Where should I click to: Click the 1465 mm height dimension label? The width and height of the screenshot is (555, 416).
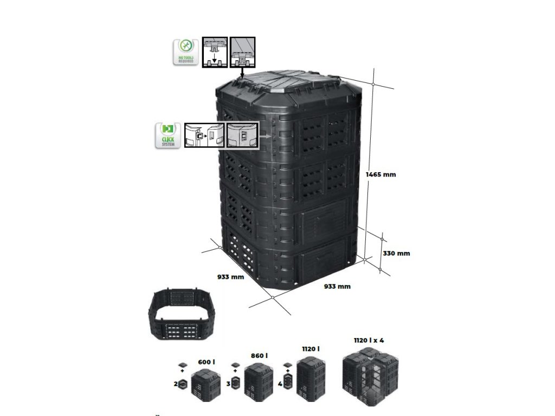click(x=382, y=174)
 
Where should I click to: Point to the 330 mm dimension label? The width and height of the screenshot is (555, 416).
click(x=396, y=253)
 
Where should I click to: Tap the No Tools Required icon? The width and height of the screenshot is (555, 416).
click(x=185, y=53)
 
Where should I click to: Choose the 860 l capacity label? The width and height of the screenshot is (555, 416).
click(x=259, y=356)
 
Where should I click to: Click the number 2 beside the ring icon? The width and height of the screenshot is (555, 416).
click(x=176, y=383)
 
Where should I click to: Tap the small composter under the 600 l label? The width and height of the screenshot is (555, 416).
click(x=206, y=386)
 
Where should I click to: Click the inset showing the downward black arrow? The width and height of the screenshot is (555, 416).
click(x=215, y=53)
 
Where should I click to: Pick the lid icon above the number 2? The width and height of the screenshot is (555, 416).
click(x=182, y=364)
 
